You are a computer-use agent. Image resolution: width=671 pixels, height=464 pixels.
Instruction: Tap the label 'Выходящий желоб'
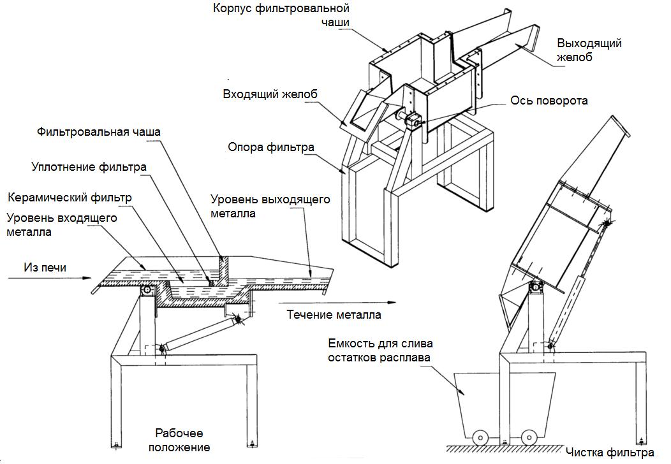[589, 50]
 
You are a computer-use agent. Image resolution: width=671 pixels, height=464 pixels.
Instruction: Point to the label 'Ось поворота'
[549, 101]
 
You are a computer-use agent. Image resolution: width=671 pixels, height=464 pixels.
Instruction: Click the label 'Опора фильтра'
[271, 148]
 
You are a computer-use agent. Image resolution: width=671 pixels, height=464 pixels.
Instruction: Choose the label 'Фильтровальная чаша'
[98, 132]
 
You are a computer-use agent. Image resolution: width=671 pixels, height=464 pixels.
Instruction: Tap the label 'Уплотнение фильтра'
[89, 167]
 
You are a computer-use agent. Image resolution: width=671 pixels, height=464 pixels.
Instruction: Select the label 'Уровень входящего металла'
[61, 225]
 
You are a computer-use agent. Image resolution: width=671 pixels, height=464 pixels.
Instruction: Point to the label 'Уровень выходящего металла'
[270, 207]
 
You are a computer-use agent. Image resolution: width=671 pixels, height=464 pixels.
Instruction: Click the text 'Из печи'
[45, 267]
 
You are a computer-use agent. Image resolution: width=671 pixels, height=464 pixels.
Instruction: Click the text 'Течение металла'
[334, 315]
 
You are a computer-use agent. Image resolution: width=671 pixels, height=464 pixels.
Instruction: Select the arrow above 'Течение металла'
[299, 304]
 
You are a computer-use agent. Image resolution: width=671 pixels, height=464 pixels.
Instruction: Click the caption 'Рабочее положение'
[180, 440]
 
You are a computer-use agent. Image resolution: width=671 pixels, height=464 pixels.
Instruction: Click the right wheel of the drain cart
[527, 438]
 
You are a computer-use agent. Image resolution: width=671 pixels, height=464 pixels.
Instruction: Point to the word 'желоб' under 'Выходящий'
[575, 57]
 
